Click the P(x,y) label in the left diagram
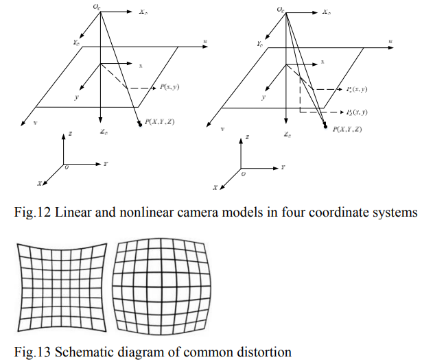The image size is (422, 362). click(169, 87)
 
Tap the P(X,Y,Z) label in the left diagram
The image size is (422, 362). click(160, 122)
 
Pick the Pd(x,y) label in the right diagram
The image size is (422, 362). click(357, 112)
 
